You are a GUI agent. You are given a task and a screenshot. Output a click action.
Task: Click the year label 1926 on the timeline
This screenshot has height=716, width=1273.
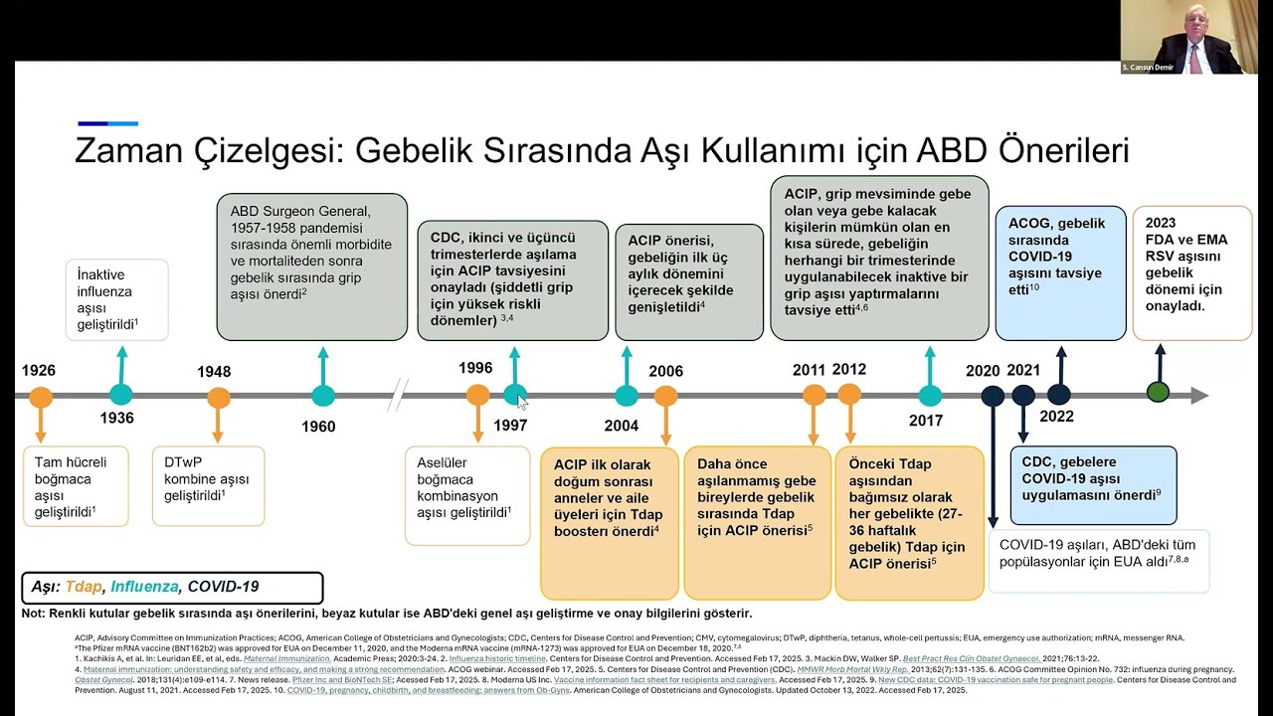[39, 371]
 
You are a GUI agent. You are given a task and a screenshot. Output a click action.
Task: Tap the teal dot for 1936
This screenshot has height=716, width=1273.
[121, 395]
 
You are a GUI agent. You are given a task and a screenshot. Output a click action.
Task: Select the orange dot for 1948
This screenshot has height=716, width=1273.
[219, 398]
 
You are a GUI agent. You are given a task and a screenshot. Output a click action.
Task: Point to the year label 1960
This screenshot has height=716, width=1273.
[317, 427]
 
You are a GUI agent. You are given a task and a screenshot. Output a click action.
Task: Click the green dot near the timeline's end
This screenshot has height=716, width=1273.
[1158, 393]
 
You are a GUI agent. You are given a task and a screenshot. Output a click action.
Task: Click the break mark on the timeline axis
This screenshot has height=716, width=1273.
[398, 395]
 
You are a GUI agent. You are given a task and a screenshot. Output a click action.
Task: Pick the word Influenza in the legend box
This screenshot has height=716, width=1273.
[145, 587]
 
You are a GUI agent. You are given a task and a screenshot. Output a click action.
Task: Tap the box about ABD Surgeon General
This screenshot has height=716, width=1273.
[311, 266]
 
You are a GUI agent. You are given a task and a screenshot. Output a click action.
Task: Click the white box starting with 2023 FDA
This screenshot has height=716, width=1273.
[1191, 272]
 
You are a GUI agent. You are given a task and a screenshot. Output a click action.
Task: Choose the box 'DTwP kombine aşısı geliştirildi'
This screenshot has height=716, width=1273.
[208, 486]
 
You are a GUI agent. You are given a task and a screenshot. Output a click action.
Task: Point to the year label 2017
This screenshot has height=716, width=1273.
[925, 421]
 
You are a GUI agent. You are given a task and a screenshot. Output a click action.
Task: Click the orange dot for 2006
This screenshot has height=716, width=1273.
[665, 396]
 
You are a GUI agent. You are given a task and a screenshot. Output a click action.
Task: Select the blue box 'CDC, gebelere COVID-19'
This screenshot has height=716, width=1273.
[1093, 485]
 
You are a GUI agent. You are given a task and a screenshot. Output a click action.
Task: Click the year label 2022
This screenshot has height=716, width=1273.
[1057, 417]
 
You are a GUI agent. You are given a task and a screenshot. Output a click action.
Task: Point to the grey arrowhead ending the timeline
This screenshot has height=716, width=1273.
[1199, 396]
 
